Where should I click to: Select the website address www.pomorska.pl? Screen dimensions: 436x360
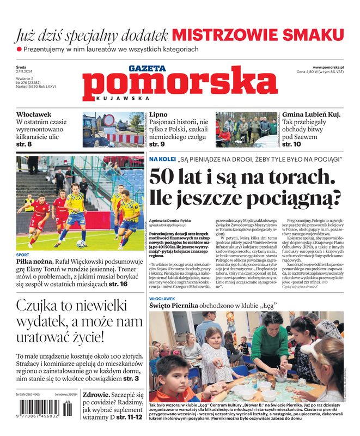(332, 66)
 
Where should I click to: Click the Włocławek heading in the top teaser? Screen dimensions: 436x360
(34, 114)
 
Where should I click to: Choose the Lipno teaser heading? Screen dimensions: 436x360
(158, 114)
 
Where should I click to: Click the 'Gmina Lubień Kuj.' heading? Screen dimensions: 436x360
(311, 114)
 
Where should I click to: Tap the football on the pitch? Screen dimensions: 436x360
(81, 244)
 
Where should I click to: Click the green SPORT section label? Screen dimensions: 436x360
(23, 255)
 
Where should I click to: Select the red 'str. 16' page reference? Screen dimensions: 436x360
(118, 284)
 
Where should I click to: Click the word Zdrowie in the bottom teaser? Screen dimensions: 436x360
(95, 395)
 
